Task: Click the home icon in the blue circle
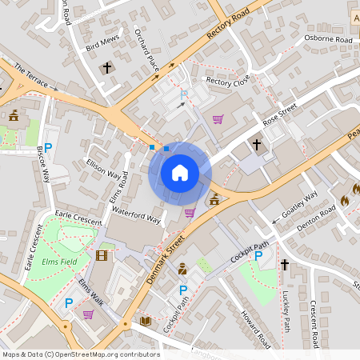(179, 172)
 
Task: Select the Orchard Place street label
(148, 49)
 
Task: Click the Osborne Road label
(329, 39)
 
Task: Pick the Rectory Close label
(228, 81)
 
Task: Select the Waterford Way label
(137, 214)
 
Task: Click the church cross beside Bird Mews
(107, 68)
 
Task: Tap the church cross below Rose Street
(257, 145)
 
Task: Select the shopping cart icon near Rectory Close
(218, 120)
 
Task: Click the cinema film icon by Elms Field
(101, 256)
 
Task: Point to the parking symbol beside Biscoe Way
(48, 147)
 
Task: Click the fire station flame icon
(345, 202)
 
